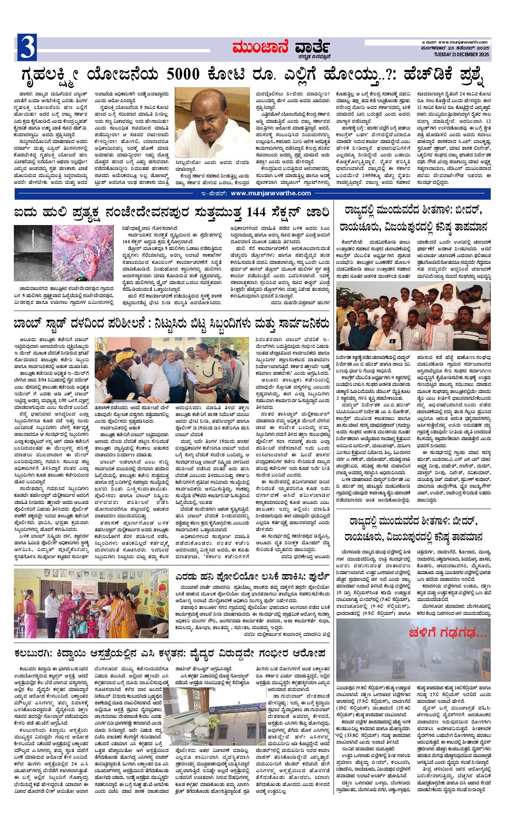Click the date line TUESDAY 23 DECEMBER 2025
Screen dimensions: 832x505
[x=462, y=54]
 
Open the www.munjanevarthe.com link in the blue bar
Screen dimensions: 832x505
[x=271, y=193]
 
